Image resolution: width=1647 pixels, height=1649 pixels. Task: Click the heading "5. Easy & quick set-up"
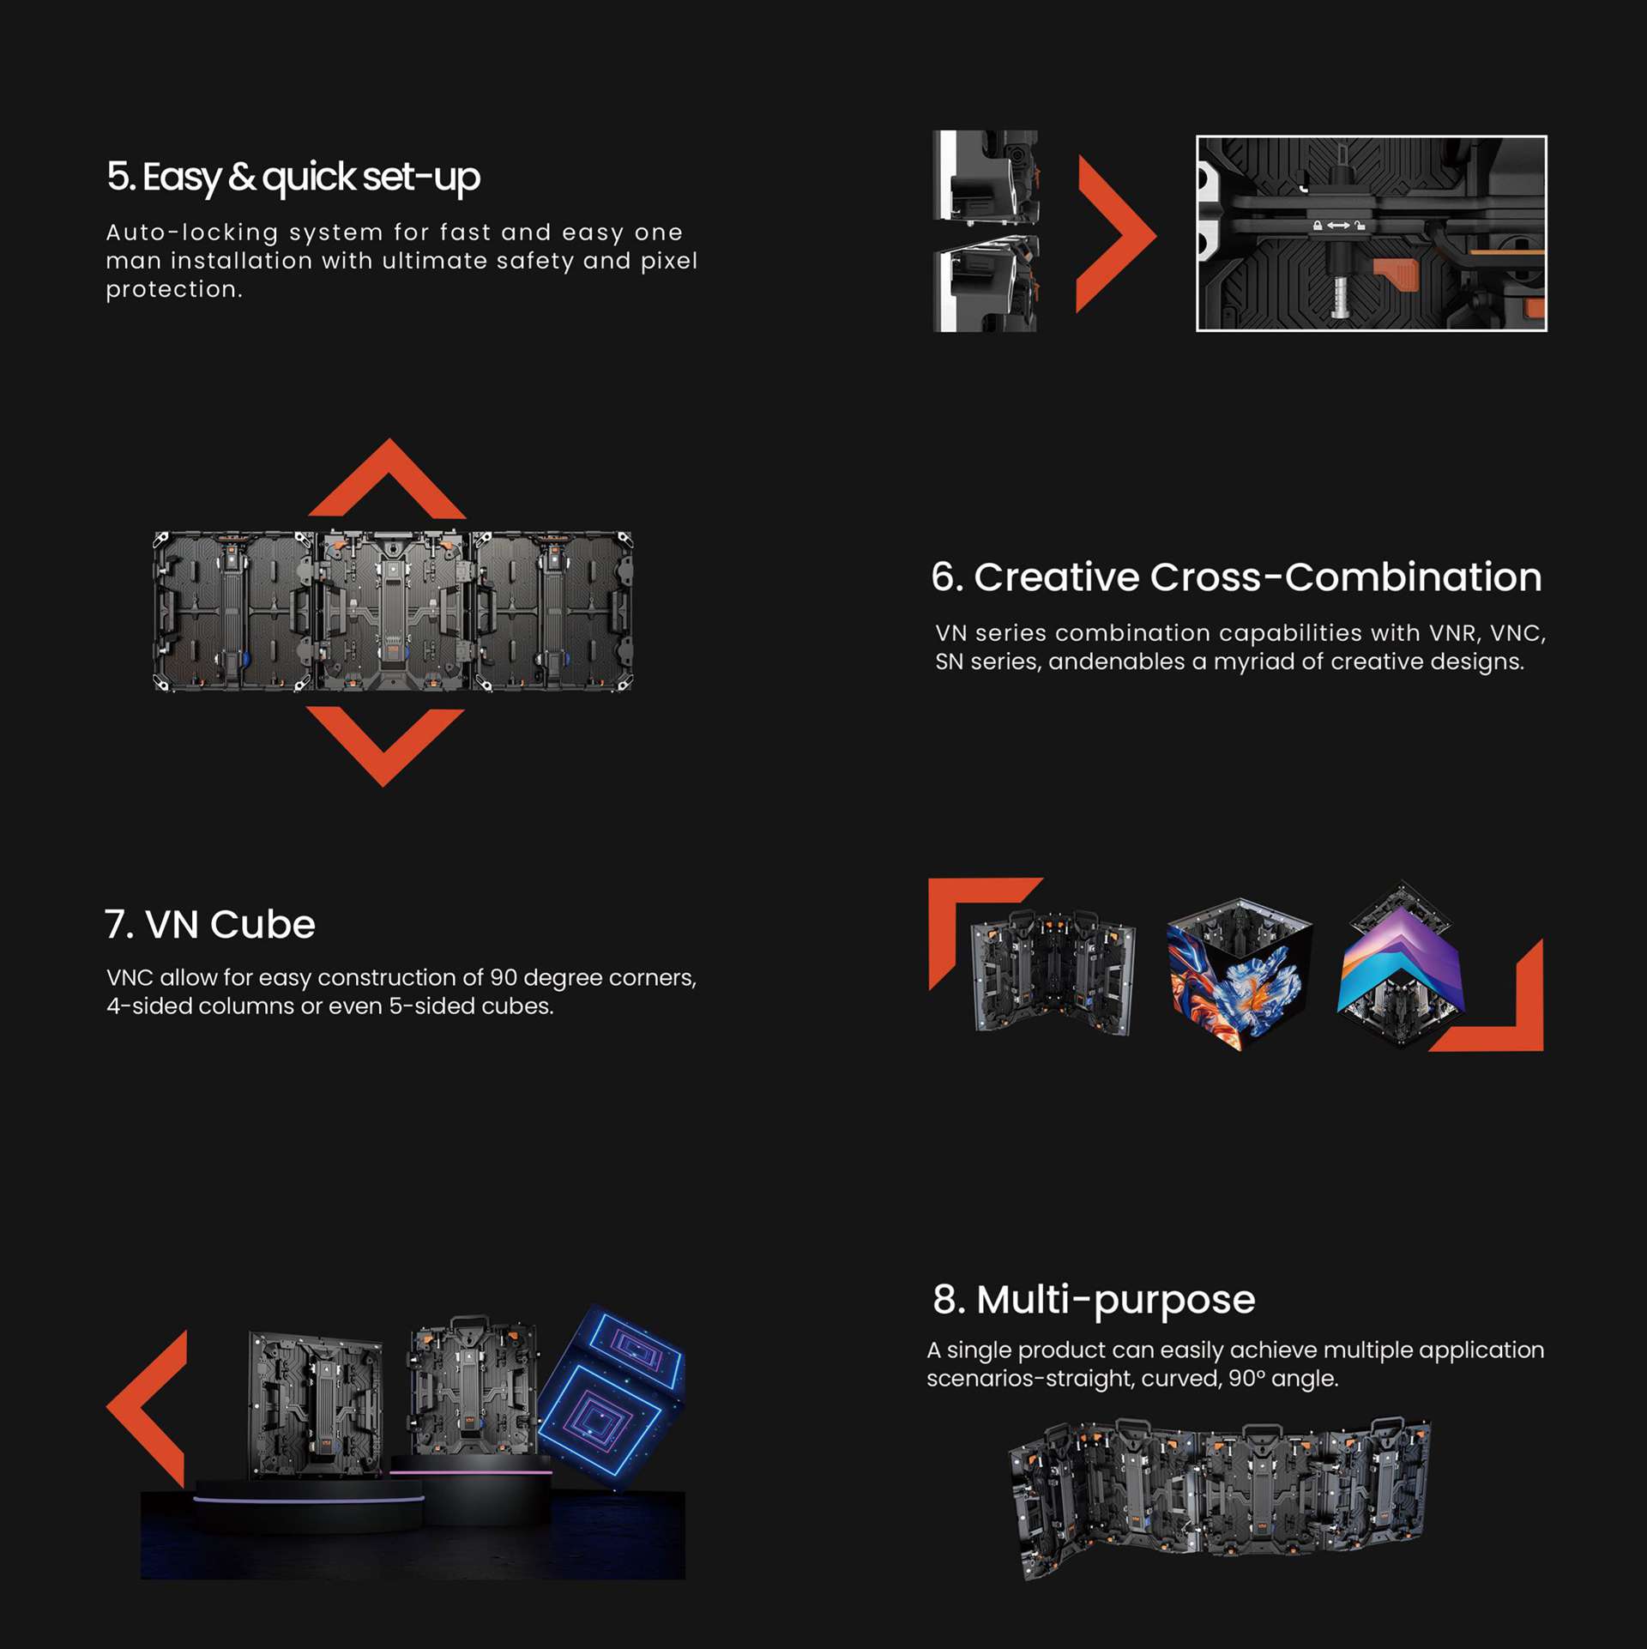(293, 178)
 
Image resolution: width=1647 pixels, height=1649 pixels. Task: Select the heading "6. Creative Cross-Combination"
(1236, 577)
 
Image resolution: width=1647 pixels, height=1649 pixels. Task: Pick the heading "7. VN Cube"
(210, 925)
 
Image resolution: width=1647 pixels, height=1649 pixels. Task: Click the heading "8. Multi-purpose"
(1094, 1300)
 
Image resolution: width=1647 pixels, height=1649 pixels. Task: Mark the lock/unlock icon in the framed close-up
(1338, 226)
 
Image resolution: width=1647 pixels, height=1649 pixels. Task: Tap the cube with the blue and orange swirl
(1239, 974)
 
